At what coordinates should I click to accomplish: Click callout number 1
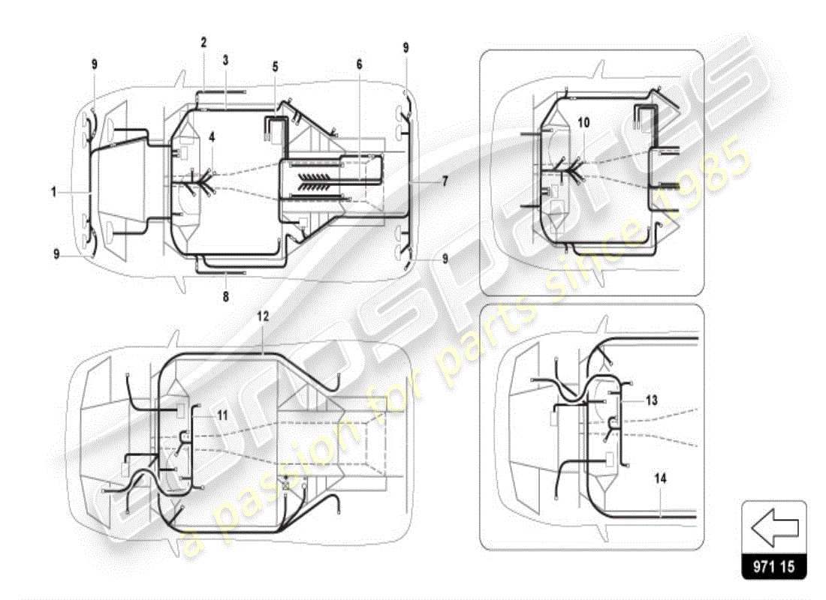click(x=54, y=192)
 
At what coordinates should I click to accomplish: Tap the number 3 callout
click(x=225, y=58)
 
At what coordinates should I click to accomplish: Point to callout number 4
click(x=213, y=137)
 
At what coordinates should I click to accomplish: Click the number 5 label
click(x=276, y=67)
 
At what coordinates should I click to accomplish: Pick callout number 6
click(x=359, y=64)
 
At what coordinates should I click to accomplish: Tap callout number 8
click(x=225, y=296)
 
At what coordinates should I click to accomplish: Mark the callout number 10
click(x=583, y=121)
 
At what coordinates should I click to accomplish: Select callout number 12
click(x=262, y=318)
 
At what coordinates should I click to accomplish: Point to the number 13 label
click(x=651, y=400)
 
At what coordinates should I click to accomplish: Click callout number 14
click(x=658, y=477)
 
